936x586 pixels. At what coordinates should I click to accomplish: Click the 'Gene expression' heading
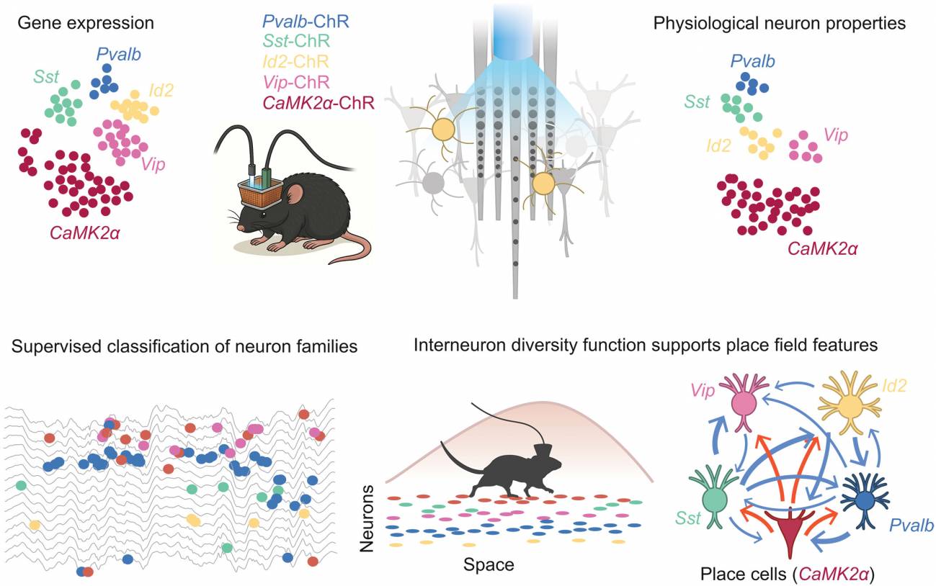coord(86,23)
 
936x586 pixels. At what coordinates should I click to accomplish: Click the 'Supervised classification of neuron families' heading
coord(184,346)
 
